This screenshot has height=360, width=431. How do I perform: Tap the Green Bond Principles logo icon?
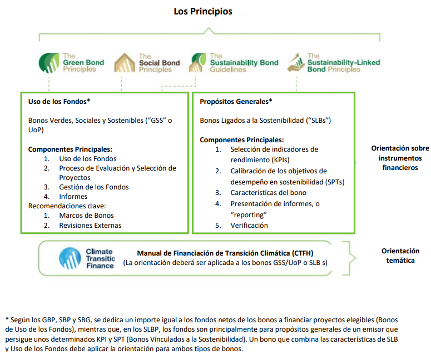click(49, 63)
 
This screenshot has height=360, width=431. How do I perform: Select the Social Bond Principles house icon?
click(125, 63)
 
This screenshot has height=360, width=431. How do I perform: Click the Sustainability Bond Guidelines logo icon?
click(197, 63)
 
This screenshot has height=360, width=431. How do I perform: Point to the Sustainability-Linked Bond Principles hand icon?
click(296, 63)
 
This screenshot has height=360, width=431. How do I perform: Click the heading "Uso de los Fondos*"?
click(59, 102)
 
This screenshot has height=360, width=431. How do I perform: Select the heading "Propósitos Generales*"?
click(236, 102)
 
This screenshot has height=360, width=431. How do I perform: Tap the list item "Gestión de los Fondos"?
click(93, 187)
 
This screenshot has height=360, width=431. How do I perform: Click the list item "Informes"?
click(73, 197)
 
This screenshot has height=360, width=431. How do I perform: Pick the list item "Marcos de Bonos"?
click(86, 216)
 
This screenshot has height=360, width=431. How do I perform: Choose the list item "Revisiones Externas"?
click(90, 225)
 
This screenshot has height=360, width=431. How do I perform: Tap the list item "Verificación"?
click(249, 225)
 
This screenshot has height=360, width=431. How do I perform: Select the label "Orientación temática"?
click(400, 256)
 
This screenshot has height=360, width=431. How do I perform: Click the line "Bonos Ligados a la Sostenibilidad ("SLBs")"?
click(269, 120)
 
